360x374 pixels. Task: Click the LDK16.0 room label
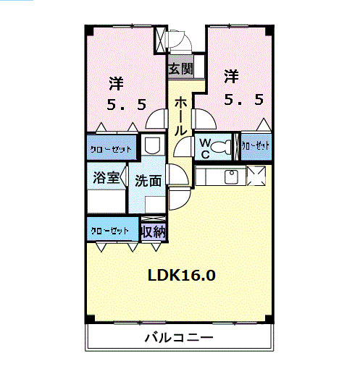click(181, 275)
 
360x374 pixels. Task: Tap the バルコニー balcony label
click(178, 337)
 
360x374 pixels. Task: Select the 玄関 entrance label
click(180, 69)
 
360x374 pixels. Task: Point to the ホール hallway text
click(180, 115)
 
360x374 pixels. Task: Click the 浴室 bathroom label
click(106, 179)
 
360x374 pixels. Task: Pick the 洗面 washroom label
click(148, 181)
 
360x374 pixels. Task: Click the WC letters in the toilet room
click(205, 148)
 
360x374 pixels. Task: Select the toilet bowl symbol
click(225, 148)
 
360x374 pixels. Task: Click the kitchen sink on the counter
click(233, 176)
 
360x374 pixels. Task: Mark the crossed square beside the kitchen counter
click(257, 175)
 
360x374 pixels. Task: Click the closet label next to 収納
click(110, 231)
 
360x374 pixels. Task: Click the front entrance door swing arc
click(183, 43)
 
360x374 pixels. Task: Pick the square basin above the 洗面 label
click(152, 145)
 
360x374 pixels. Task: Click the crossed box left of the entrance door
click(161, 41)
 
